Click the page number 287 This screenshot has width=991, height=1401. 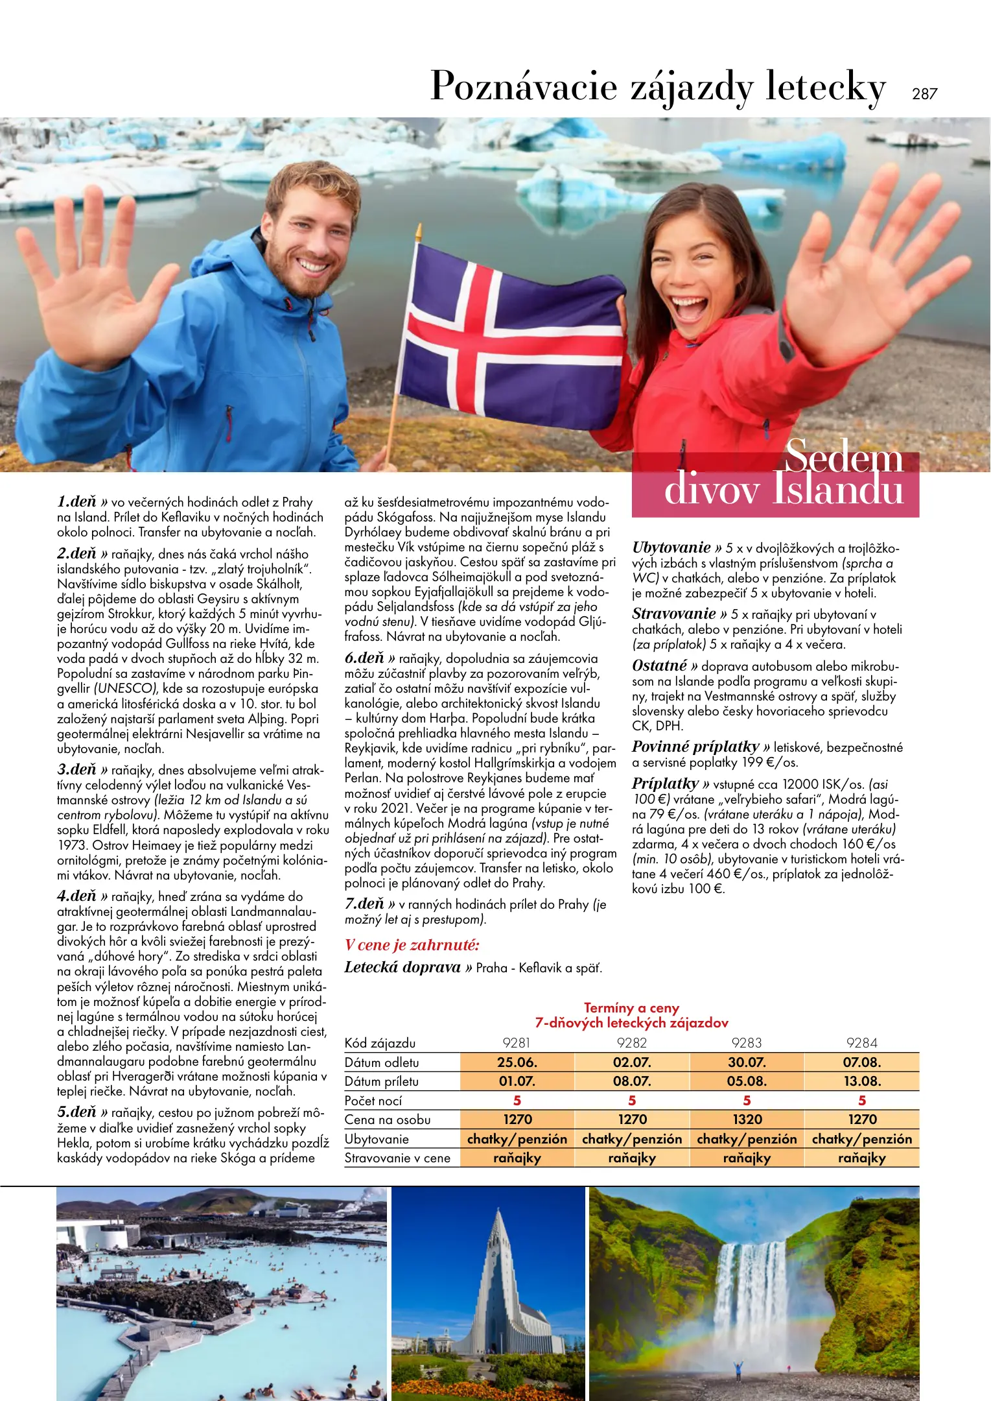point(924,93)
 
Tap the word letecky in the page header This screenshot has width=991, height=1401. point(825,86)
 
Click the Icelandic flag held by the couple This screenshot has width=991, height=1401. point(512,337)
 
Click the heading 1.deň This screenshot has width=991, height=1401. point(76,501)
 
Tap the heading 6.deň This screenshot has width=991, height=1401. point(364,658)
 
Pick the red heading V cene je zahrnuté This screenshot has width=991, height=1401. point(412,944)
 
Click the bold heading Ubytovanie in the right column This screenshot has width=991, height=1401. point(671,547)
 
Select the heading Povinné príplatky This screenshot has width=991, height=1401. point(695,747)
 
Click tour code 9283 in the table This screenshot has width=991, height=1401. point(747,1043)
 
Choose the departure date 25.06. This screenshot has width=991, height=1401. point(517,1062)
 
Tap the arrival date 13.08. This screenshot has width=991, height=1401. point(861,1081)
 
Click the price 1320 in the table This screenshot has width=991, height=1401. point(747,1120)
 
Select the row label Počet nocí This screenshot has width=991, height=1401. point(373,1101)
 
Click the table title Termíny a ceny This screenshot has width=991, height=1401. point(631,1008)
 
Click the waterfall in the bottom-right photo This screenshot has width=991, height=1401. point(752,1291)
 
